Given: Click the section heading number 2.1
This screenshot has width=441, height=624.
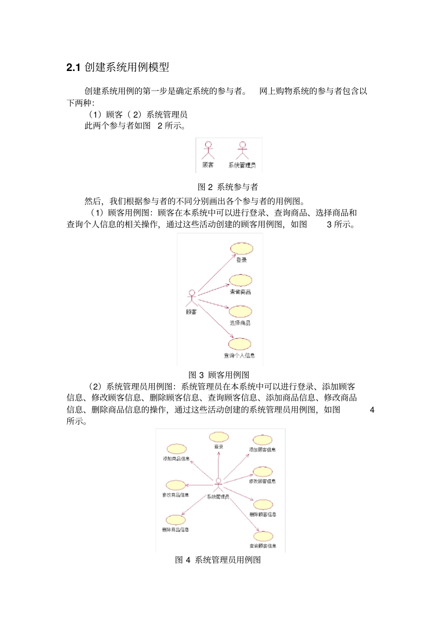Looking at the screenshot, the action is click(x=73, y=68).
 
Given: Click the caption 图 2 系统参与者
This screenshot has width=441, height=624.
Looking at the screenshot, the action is click(x=227, y=187).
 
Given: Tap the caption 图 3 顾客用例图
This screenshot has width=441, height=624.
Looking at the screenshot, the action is click(x=219, y=375).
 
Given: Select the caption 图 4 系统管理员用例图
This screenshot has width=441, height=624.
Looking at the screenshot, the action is click(x=218, y=560).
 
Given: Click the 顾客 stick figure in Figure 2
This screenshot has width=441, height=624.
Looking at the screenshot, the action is click(x=208, y=150).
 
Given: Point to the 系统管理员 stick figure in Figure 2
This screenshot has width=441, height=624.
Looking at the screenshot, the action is click(x=242, y=150).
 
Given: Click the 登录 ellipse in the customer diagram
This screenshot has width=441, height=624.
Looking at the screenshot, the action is click(x=242, y=248).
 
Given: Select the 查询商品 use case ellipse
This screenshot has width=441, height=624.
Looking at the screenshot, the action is click(x=240, y=280).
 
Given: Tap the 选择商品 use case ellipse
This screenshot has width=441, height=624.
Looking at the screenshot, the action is click(x=240, y=311).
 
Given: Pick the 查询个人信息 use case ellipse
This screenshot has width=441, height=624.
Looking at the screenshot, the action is click(x=240, y=344).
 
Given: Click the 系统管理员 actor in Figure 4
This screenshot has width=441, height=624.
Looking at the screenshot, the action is click(x=218, y=485).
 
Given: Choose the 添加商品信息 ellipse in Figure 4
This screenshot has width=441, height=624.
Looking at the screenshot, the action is click(x=177, y=449).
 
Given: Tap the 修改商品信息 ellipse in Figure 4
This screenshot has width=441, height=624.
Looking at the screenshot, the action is click(x=175, y=485).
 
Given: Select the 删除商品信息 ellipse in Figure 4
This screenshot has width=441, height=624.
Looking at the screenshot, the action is click(x=175, y=520).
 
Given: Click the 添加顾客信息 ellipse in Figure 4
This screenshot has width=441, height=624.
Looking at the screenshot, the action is click(x=262, y=440).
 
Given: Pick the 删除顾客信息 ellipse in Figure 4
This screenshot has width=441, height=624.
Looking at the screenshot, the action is click(x=263, y=505).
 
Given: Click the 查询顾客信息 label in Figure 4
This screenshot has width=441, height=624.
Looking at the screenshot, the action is click(x=263, y=546).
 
